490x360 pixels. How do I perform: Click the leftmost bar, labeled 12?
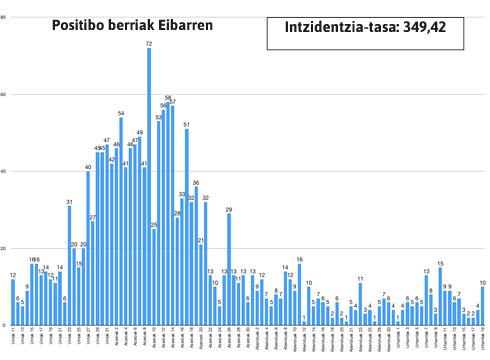[x=13, y=301]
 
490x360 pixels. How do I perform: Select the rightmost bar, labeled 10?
[x=483, y=305]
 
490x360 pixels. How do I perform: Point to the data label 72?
[x=149, y=44]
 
